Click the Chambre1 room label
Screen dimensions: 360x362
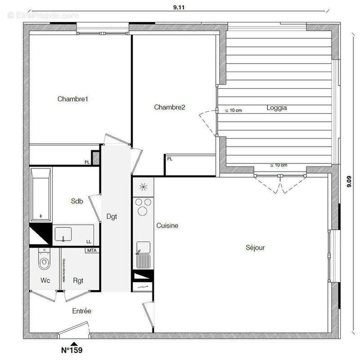(x=72, y=99)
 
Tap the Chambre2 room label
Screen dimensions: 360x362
(x=170, y=107)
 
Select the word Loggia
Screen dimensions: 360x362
(x=277, y=108)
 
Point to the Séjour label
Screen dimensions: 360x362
(x=255, y=247)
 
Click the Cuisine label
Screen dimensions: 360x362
(x=167, y=225)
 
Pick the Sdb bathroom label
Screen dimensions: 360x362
(x=77, y=202)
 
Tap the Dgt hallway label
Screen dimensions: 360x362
(x=112, y=216)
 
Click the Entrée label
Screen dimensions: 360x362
(x=82, y=310)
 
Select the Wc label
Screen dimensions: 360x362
(x=45, y=280)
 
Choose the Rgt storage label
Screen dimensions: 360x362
(x=78, y=280)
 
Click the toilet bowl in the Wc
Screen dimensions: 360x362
(x=44, y=261)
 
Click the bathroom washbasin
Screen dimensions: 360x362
(x=63, y=234)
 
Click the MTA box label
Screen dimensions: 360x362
(x=92, y=250)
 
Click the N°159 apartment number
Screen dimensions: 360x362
(x=72, y=350)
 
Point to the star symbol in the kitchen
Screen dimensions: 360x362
(x=143, y=186)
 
